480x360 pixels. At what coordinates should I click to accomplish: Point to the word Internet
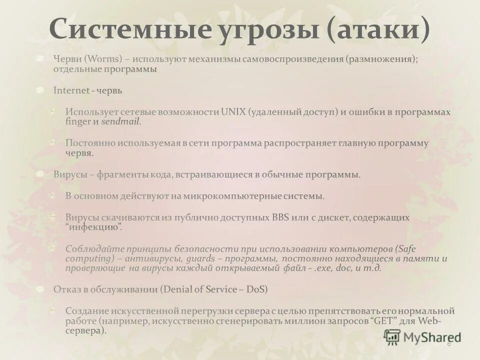[x=71, y=91]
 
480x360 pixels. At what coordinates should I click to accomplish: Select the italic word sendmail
[x=121, y=121]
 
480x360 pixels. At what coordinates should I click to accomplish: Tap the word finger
[x=77, y=121]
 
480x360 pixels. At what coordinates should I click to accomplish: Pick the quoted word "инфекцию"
[x=93, y=227]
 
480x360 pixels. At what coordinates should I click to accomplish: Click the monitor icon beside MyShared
[x=392, y=336]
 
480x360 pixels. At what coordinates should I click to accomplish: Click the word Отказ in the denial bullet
[x=66, y=289]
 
